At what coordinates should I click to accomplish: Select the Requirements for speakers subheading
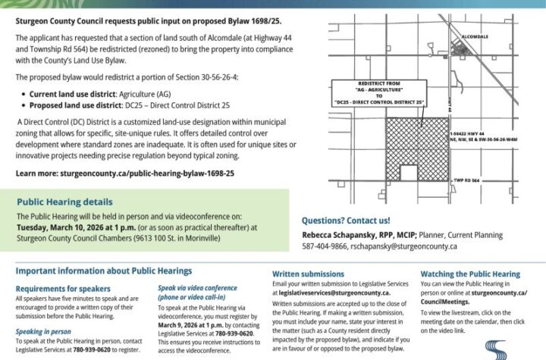[x=62, y=289]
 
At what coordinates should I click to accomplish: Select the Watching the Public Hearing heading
[x=469, y=274]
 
